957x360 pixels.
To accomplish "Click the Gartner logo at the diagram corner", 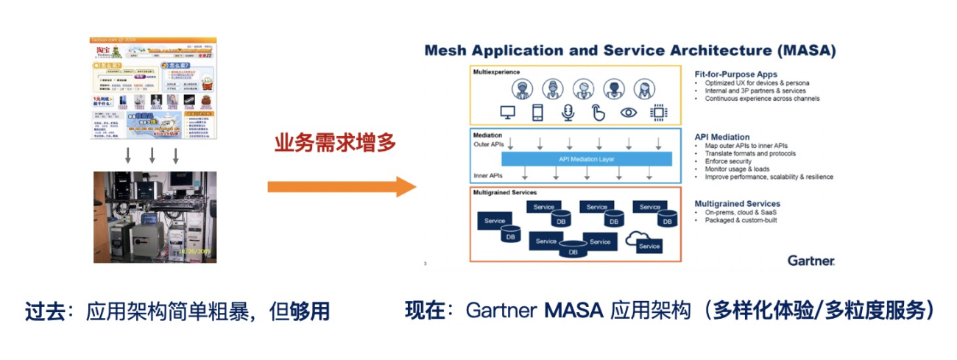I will [x=811, y=260].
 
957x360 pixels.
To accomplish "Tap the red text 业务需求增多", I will [x=335, y=142].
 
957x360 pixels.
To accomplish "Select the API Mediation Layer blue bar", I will [x=587, y=159].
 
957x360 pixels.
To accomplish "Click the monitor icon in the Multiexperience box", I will [x=506, y=113].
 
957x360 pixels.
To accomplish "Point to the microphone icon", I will [x=568, y=113].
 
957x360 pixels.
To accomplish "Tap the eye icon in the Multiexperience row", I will [x=628, y=113].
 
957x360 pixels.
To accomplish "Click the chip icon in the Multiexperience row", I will [x=658, y=113].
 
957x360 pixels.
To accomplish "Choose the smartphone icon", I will [x=537, y=113].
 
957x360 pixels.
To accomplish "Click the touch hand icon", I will [x=598, y=113].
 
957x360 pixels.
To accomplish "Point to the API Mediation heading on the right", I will [x=722, y=137].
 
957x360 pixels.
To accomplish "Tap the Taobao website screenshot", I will [x=155, y=88].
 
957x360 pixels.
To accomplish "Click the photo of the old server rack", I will [x=155, y=217].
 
